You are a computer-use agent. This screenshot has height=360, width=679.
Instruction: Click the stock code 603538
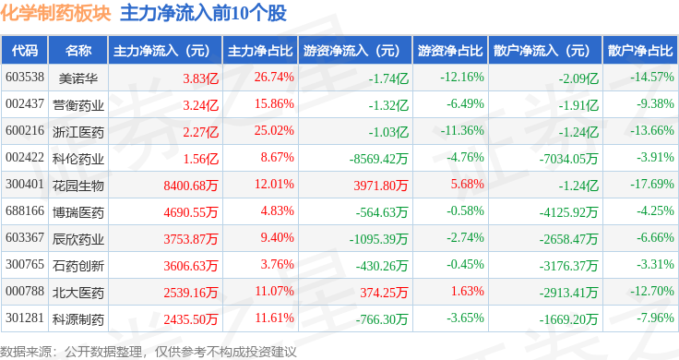pyautogui.click(x=25, y=78)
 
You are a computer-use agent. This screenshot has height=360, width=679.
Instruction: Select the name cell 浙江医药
pyautogui.click(x=78, y=132)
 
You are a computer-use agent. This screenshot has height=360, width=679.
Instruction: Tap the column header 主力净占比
pyautogui.click(x=260, y=51)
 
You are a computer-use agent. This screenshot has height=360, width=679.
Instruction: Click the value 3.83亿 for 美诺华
pyautogui.click(x=200, y=78)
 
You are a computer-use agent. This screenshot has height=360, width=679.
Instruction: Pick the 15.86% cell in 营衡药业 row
pyautogui.click(x=274, y=104)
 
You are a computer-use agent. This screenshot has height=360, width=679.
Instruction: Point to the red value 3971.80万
pyautogui.click(x=381, y=186)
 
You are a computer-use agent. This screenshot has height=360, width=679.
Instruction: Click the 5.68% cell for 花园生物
pyautogui.click(x=467, y=184)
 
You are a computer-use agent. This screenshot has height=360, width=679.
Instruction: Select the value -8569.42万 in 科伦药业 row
pyautogui.click(x=378, y=159)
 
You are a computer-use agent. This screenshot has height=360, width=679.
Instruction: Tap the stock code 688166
pyautogui.click(x=25, y=211)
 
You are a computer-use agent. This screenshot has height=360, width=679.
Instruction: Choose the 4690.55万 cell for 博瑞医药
pyautogui.click(x=191, y=212)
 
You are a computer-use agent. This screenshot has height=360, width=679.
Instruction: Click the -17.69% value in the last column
pyautogui.click(x=652, y=184)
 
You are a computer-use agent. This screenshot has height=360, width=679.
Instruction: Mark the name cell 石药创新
pyautogui.click(x=78, y=266)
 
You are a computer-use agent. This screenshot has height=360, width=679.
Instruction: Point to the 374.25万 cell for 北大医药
pyautogui.click(x=384, y=293)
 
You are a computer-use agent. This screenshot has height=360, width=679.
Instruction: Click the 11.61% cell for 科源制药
pyautogui.click(x=274, y=318)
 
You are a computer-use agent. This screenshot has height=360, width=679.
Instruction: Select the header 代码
pyautogui.click(x=25, y=51)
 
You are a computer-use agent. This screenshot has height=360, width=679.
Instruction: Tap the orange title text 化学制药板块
pyautogui.click(x=56, y=13)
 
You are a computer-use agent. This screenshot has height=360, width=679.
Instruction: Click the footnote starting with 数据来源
pyautogui.click(x=149, y=352)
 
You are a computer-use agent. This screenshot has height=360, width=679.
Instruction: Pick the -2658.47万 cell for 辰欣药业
pyautogui.click(x=568, y=239)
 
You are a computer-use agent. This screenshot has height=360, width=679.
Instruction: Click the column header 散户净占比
pyautogui.click(x=640, y=51)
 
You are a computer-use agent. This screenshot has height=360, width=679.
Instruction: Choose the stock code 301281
pyautogui.click(x=25, y=318)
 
